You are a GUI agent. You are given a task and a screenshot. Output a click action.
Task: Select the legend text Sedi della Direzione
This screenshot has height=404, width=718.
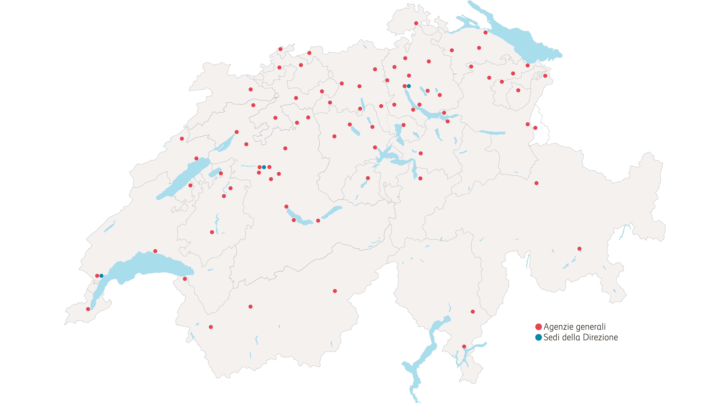point(581,337)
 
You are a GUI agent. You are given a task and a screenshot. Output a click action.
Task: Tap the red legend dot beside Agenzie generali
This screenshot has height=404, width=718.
point(538,327)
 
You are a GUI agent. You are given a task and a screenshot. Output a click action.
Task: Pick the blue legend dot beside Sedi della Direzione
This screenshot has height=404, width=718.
point(538,337)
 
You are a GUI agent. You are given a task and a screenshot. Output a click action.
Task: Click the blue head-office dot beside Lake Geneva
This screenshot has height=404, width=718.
point(101,276)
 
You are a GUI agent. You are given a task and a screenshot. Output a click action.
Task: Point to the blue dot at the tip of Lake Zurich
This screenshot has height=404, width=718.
point(409,86)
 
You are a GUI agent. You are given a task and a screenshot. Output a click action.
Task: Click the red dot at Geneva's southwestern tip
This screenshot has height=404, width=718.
point(88,309)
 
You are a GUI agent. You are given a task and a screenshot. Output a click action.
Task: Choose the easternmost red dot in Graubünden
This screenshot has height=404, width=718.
point(580,249)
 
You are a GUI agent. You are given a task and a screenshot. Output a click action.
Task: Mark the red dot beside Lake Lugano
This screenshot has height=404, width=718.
point(464,347)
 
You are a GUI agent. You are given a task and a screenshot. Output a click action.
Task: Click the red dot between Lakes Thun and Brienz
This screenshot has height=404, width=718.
point(318,221)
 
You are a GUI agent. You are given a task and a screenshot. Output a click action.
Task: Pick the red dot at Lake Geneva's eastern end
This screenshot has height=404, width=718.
point(185,279)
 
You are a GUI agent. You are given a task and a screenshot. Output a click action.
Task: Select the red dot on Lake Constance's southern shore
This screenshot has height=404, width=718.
point(486,33)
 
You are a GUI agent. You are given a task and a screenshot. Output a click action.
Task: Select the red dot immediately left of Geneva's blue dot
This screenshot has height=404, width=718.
point(97,276)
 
